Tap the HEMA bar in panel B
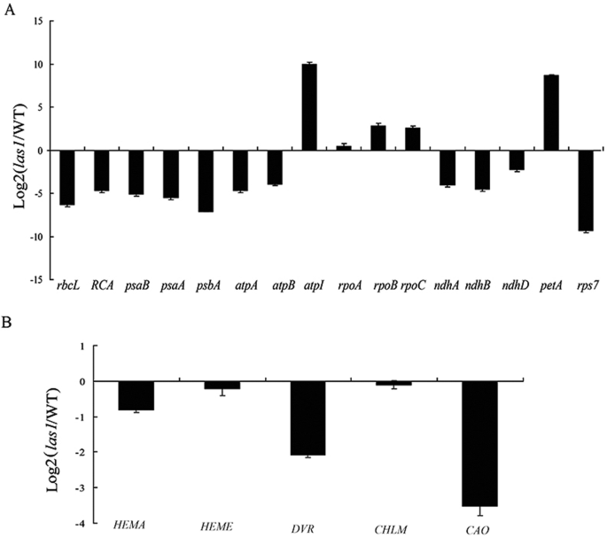[136, 396]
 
